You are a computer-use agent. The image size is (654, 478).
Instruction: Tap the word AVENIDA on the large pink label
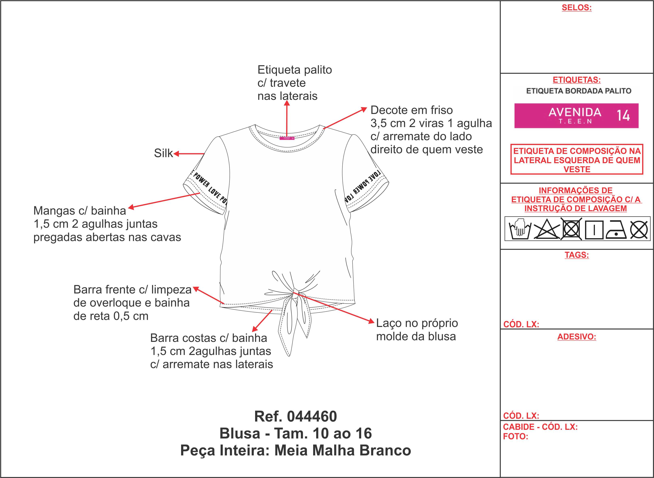(x=575, y=112)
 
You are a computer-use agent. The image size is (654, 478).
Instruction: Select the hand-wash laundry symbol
(x=520, y=229)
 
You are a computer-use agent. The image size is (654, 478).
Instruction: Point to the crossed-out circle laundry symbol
(x=639, y=230)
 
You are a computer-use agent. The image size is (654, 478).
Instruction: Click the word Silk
(x=163, y=153)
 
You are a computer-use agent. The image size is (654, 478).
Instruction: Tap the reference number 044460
(x=312, y=416)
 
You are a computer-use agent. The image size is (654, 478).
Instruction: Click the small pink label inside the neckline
(x=287, y=138)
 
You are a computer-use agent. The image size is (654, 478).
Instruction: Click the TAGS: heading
(x=577, y=255)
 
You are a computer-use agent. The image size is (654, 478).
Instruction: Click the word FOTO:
(x=515, y=436)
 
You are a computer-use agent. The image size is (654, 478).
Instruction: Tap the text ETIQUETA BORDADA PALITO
(x=579, y=91)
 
